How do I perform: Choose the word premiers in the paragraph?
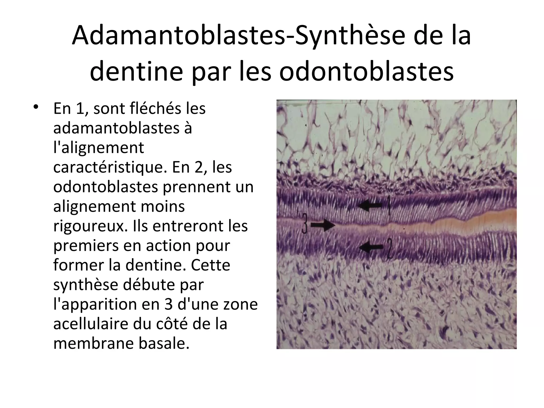(85, 246)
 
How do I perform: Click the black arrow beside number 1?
(370, 206)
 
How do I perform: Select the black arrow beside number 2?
(371, 247)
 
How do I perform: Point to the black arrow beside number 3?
(323, 225)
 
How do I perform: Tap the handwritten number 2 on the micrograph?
(389, 249)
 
